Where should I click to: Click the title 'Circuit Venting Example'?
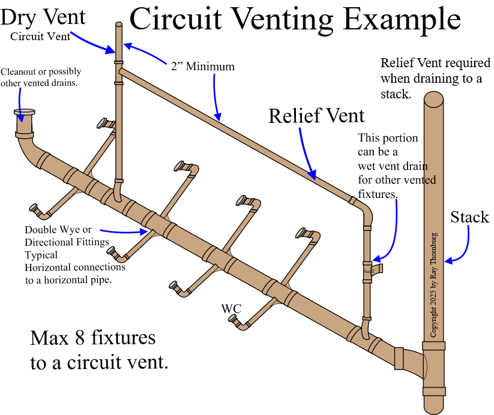click(295, 19)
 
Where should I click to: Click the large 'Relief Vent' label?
click(316, 115)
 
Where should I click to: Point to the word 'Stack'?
click(470, 216)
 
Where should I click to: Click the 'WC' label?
click(231, 309)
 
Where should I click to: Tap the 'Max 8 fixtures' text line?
click(93, 338)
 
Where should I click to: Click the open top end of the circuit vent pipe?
click(118, 25)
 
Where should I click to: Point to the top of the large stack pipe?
click(441, 97)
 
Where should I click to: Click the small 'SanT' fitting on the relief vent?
click(368, 271)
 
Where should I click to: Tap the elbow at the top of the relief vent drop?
click(365, 209)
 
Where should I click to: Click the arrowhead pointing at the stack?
click(449, 260)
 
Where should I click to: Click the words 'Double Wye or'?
click(58, 230)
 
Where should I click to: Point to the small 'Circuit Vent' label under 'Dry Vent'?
click(41, 36)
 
